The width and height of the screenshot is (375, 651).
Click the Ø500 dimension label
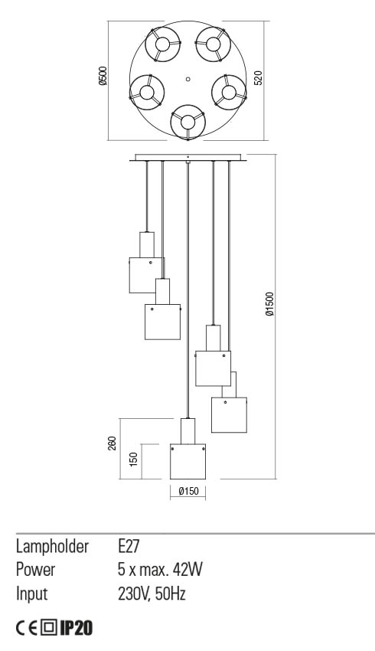[103, 76]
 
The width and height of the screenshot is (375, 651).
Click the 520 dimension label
[258, 78]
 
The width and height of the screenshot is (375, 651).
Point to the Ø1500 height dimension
[269, 304]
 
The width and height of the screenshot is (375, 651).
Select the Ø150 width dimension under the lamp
[188, 491]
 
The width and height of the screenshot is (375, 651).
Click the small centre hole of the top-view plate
[188, 78]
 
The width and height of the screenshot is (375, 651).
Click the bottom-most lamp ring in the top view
[188, 122]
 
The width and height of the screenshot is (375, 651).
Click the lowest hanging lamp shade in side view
[188, 462]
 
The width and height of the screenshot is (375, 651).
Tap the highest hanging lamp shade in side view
[146, 275]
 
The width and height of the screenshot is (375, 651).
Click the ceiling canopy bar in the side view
[188, 159]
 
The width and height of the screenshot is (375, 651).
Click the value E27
[129, 546]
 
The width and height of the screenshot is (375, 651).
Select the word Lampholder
[52, 547]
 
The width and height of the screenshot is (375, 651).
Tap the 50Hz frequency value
[171, 594]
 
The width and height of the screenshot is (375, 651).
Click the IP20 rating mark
[76, 628]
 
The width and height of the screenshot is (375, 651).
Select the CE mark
[27, 628]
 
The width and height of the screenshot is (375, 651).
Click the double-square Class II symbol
[49, 628]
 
